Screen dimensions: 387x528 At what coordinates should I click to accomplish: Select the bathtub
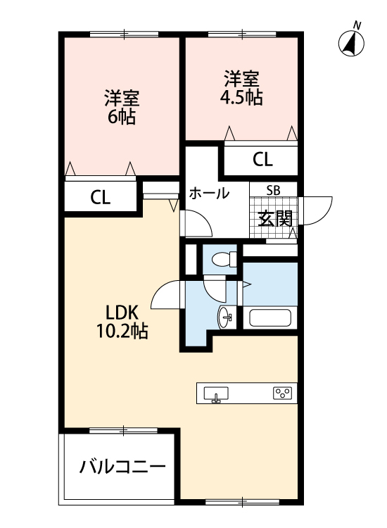click(270, 318)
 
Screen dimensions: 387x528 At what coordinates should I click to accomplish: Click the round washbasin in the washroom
click(224, 317)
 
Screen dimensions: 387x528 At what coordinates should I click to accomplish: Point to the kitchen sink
click(216, 394)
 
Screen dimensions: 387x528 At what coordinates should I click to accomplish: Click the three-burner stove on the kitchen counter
click(283, 393)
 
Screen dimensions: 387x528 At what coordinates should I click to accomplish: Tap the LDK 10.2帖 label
click(122, 322)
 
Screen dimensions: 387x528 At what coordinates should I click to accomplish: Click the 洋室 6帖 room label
click(122, 108)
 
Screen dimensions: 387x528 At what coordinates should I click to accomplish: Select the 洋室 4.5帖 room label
click(241, 88)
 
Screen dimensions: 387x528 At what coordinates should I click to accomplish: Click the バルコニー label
click(122, 467)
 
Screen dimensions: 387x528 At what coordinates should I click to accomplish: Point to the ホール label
click(209, 194)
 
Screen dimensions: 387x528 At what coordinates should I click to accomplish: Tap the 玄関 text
click(274, 219)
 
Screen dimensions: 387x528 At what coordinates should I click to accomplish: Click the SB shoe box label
click(273, 191)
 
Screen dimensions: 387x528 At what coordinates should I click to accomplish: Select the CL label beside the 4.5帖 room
click(262, 160)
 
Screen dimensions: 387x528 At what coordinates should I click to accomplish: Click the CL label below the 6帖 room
click(101, 197)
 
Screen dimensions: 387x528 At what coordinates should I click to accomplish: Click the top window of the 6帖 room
click(124, 34)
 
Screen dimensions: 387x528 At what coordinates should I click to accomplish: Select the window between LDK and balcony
click(124, 430)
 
